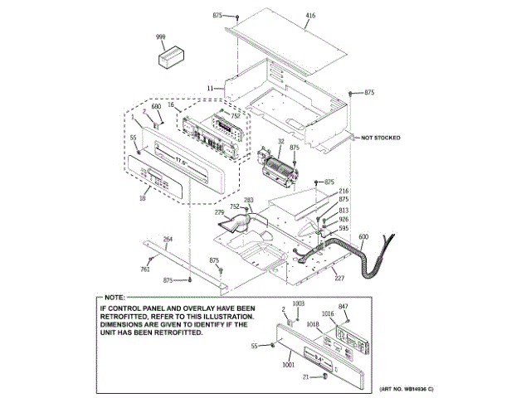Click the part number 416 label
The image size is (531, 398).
(310, 16)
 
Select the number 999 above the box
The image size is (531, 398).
(162, 38)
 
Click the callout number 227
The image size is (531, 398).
(339, 278)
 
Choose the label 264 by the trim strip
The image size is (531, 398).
(168, 240)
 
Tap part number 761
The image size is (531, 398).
(144, 269)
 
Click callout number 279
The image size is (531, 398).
(220, 213)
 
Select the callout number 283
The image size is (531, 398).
(248, 200)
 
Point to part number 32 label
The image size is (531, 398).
(281, 143)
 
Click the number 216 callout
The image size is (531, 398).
(343, 192)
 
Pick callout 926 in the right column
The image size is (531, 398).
(343, 219)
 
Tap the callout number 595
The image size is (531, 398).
(343, 228)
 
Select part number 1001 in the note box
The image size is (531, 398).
(288, 366)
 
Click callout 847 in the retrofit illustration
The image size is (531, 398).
(343, 308)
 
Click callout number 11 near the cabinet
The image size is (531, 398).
(211, 87)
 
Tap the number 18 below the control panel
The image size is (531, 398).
(143, 198)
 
